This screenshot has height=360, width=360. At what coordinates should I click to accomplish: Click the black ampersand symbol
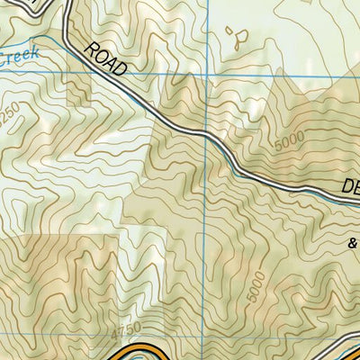[352, 241]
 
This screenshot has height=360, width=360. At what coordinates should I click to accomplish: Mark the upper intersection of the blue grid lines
[206, 75]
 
